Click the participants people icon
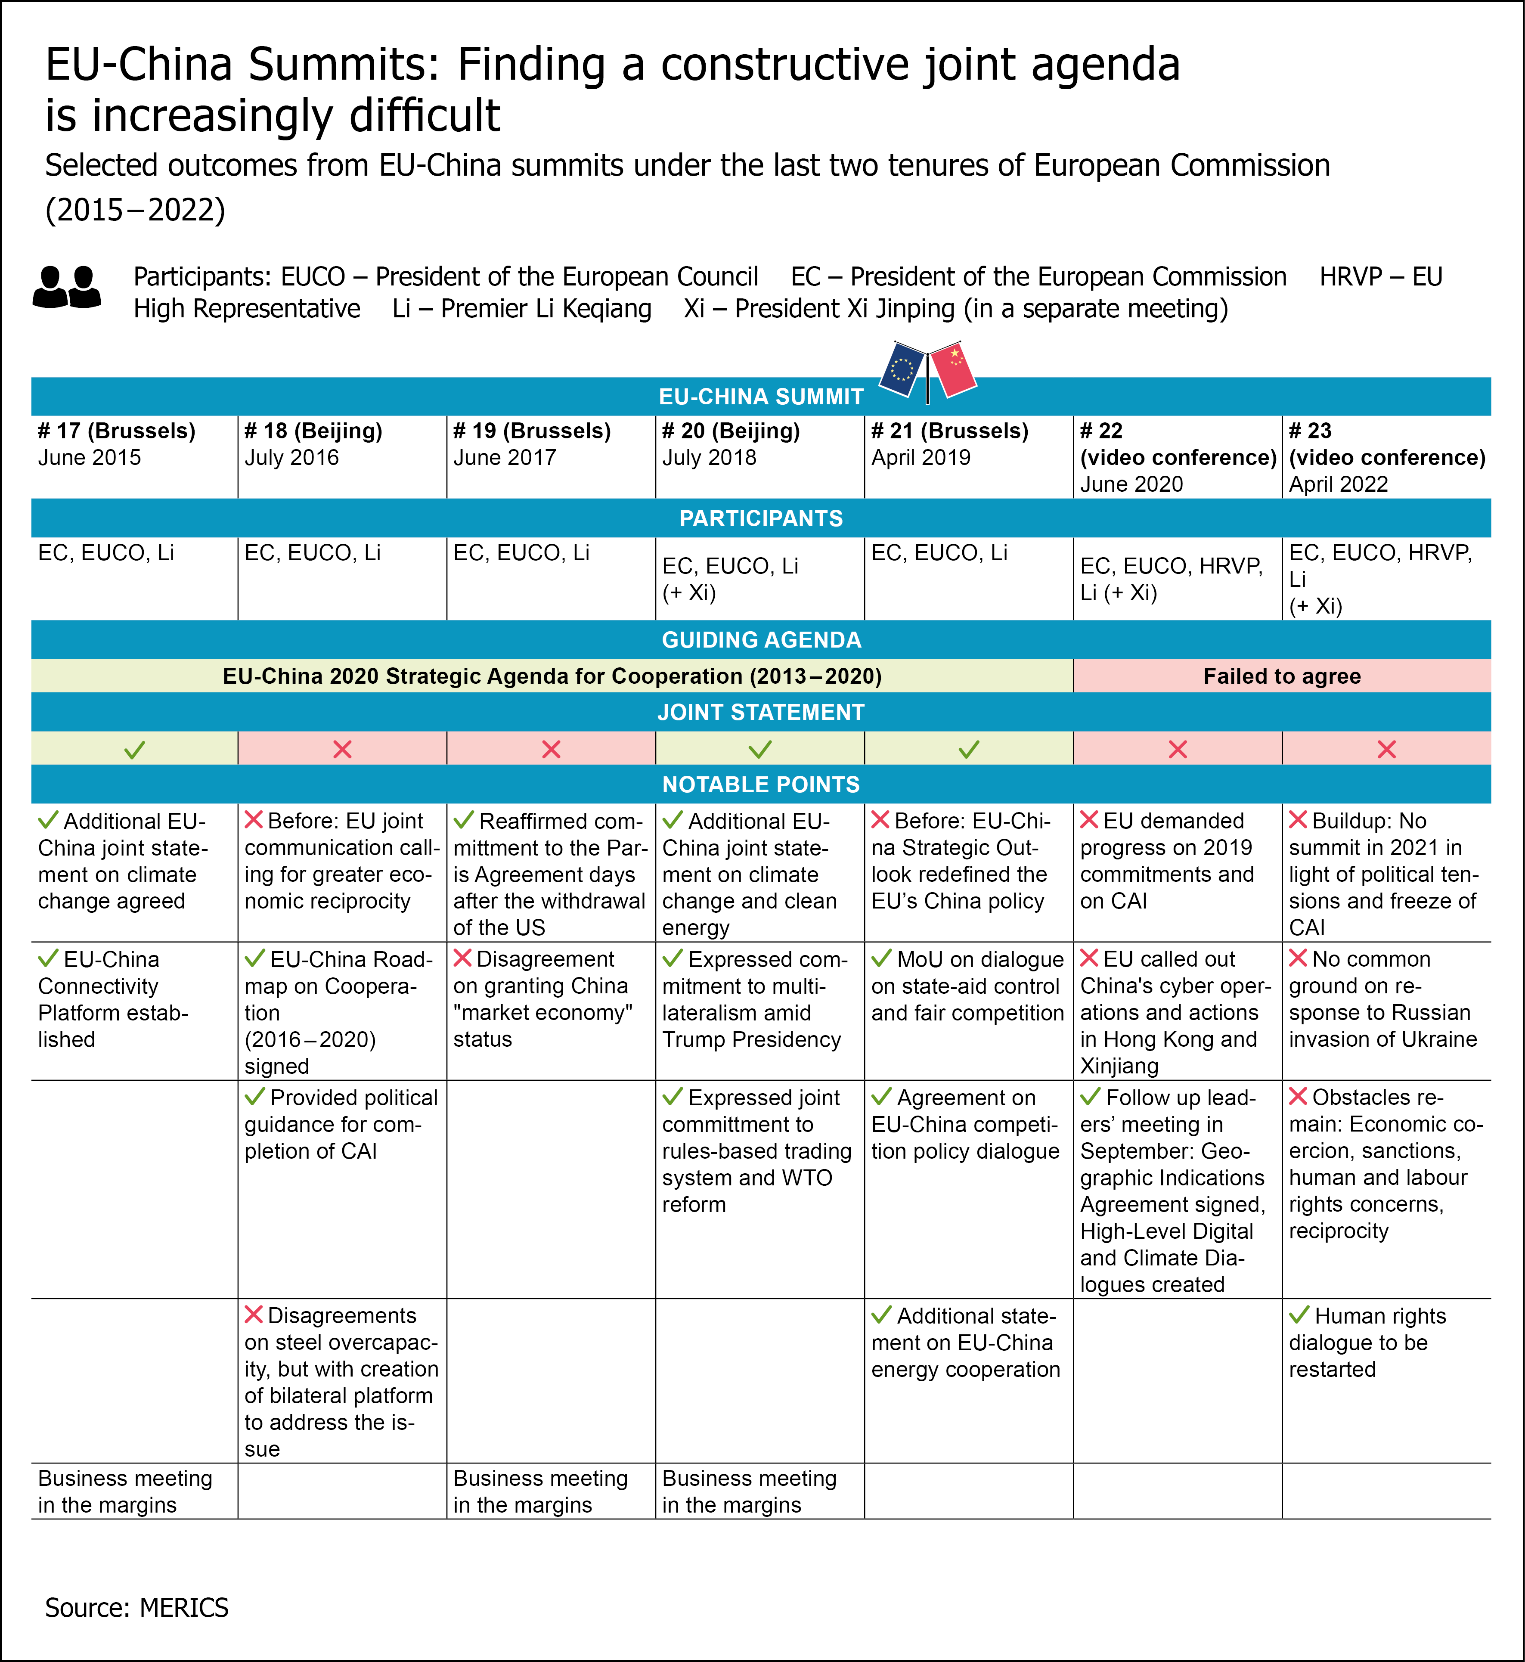click(67, 287)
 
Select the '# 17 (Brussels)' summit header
click(116, 431)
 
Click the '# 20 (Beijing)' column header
click(730, 431)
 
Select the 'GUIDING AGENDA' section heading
click(761, 639)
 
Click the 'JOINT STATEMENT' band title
click(761, 712)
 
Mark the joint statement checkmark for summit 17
click(134, 749)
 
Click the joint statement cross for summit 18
click(342, 749)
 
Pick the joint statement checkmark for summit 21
click(969, 749)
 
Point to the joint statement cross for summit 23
click(1386, 749)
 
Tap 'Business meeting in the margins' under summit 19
click(540, 1491)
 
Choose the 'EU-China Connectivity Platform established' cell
click(113, 999)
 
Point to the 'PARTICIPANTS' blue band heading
click(761, 518)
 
